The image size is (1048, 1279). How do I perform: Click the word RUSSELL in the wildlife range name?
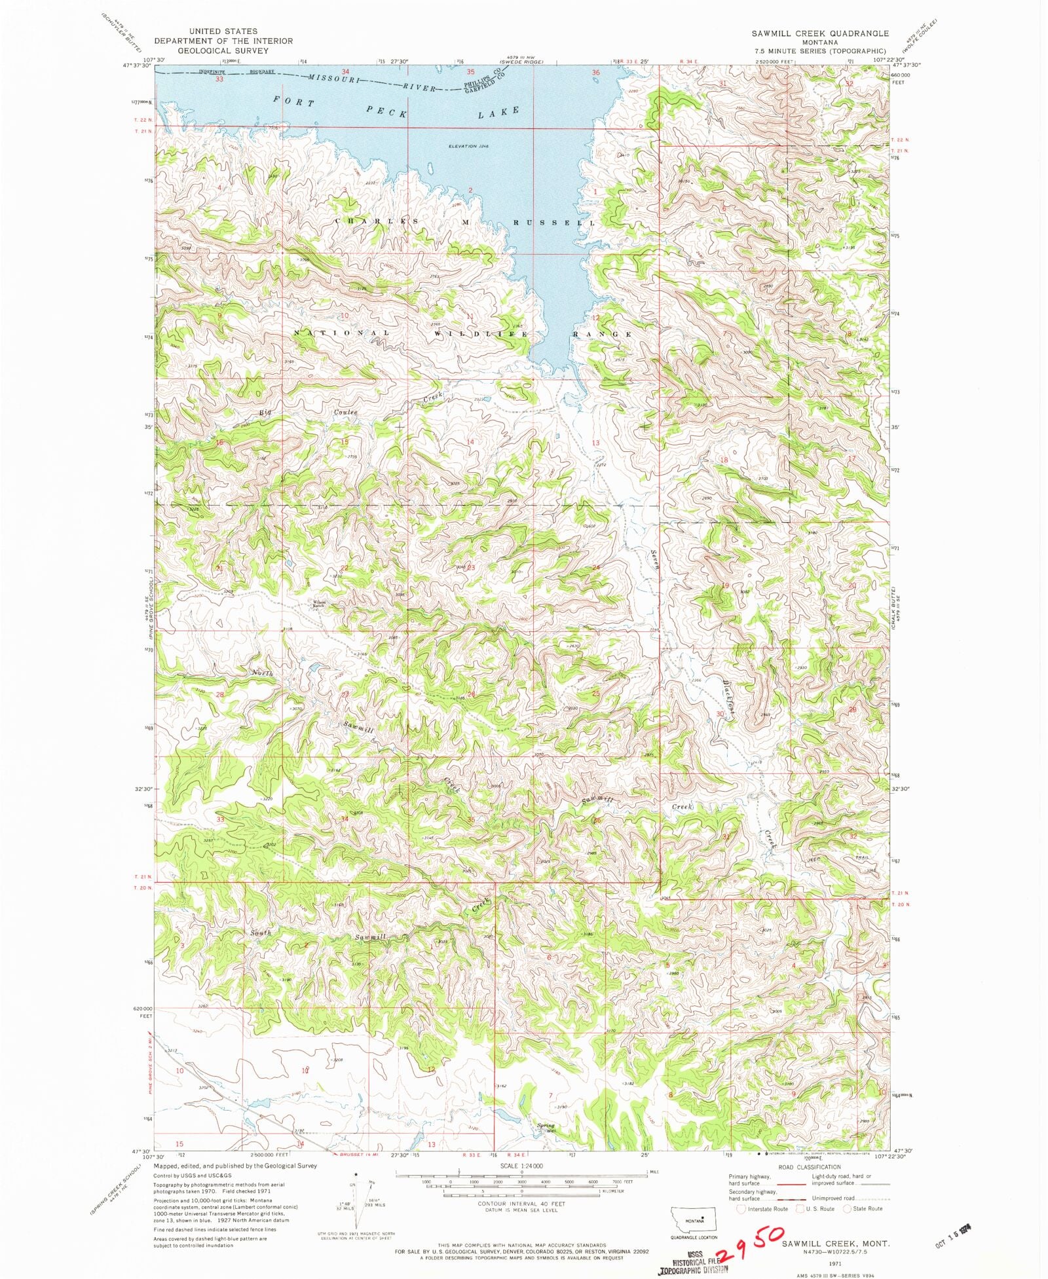(x=553, y=223)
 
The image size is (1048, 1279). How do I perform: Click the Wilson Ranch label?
(x=318, y=604)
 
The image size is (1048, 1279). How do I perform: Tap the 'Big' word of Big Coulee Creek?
(x=265, y=412)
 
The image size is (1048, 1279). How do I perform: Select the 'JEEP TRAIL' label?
(x=837, y=858)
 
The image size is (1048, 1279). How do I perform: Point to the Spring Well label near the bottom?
(x=546, y=1128)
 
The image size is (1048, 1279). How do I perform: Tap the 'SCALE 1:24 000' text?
(x=522, y=1166)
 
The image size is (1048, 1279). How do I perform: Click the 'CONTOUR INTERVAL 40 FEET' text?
(x=522, y=1204)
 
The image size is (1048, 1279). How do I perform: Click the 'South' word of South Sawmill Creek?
(x=260, y=933)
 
